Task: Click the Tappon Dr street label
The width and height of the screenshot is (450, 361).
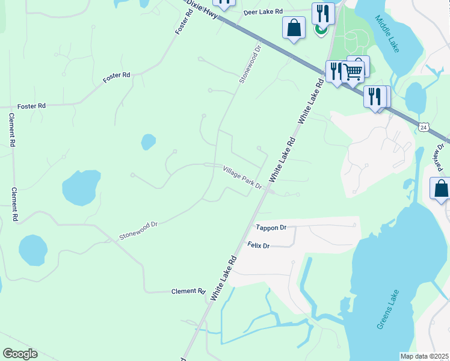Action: click(271, 227)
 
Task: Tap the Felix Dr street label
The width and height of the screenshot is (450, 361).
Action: click(259, 245)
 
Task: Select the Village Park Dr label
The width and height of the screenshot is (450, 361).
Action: click(242, 177)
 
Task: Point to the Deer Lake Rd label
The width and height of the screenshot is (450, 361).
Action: click(263, 12)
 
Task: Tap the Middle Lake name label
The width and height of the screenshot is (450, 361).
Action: click(387, 33)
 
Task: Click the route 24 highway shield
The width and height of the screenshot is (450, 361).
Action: click(424, 128)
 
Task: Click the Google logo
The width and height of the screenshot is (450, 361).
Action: click(20, 354)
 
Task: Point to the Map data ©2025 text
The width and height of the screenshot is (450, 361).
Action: click(425, 356)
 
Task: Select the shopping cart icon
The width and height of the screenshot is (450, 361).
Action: click(353, 72)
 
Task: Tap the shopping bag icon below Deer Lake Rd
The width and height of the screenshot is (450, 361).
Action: click(294, 28)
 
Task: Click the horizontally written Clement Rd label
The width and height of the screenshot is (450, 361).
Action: click(188, 291)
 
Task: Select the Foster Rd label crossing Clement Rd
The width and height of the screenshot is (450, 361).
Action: click(31, 106)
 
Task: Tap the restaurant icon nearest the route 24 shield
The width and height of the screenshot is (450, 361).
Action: click(374, 96)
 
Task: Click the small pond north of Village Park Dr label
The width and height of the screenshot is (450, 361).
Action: click(148, 142)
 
